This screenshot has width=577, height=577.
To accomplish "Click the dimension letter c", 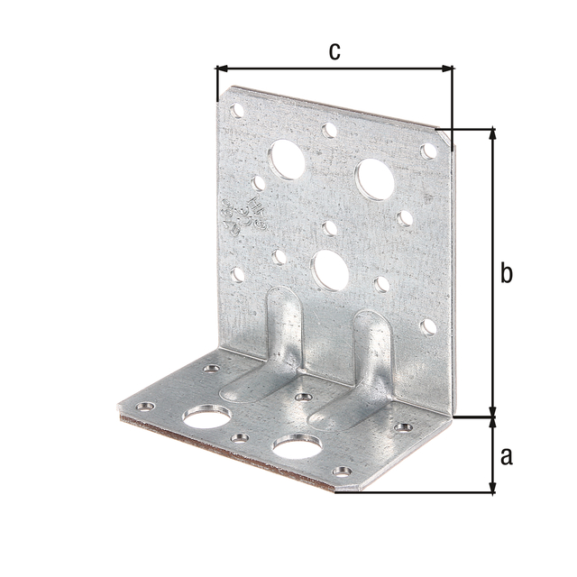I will [x=334, y=51].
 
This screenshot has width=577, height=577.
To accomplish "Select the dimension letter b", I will [x=507, y=273].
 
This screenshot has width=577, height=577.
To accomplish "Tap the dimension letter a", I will [x=506, y=456].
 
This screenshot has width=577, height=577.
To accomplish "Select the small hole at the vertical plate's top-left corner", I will [x=238, y=111].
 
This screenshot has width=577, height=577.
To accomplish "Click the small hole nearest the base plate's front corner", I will [x=342, y=472].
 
